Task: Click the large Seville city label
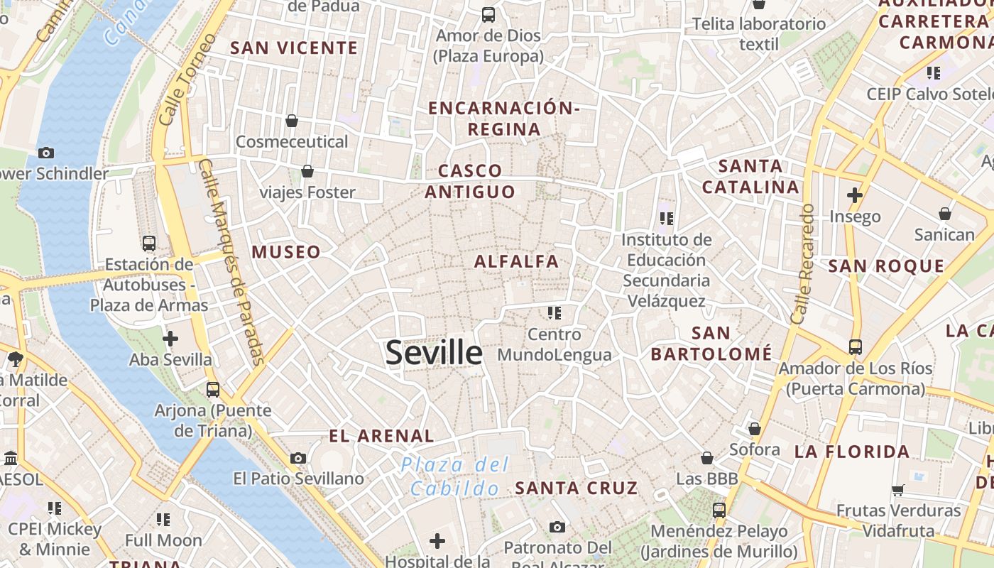point(434,353)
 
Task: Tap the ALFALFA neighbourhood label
point(517,261)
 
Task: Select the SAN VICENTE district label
point(294,48)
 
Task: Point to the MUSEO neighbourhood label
point(286,252)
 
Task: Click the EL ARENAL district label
point(381,436)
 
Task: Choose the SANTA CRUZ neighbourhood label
point(577,488)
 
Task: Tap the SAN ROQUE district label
point(887,266)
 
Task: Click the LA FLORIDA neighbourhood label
point(852,452)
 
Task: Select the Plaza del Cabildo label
point(455,476)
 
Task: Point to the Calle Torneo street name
point(187,80)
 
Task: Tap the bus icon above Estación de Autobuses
point(149,244)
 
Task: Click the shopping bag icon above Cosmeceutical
point(292,121)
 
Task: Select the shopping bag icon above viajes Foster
point(307,171)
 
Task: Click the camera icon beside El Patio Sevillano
point(298,459)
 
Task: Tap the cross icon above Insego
point(855,195)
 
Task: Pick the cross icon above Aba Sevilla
point(170,339)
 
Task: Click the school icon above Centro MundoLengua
point(555,312)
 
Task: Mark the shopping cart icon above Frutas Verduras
point(897,490)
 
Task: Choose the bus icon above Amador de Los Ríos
point(856,347)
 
